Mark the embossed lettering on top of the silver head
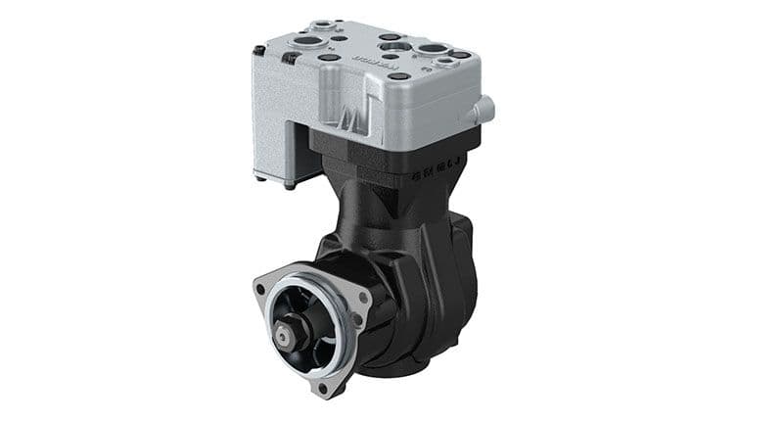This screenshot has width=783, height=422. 376,62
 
